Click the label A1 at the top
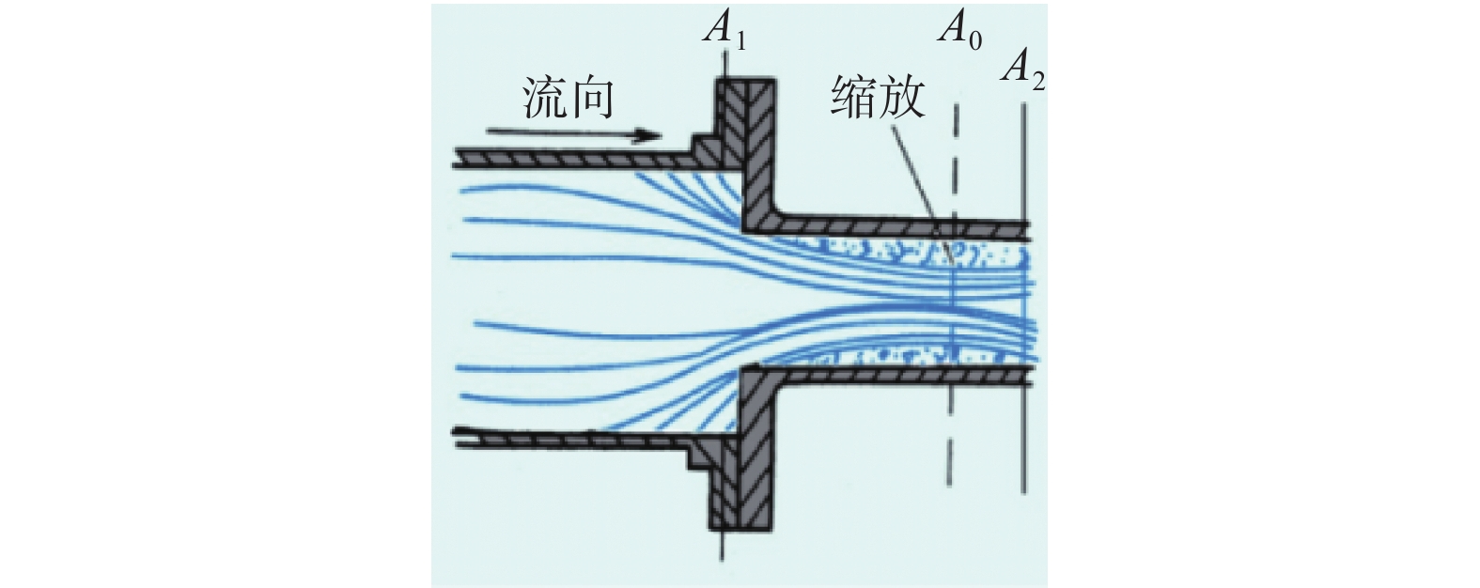pyautogui.click(x=725, y=31)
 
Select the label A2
pyautogui.click(x=1022, y=69)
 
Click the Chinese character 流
pyautogui.click(x=544, y=99)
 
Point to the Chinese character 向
pyautogui.click(x=592, y=99)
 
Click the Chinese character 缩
pyautogui.click(x=853, y=97)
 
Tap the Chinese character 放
pyautogui.click(x=902, y=97)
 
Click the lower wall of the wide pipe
pyautogui.click(x=564, y=438)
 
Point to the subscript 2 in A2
pyautogui.click(x=1037, y=81)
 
